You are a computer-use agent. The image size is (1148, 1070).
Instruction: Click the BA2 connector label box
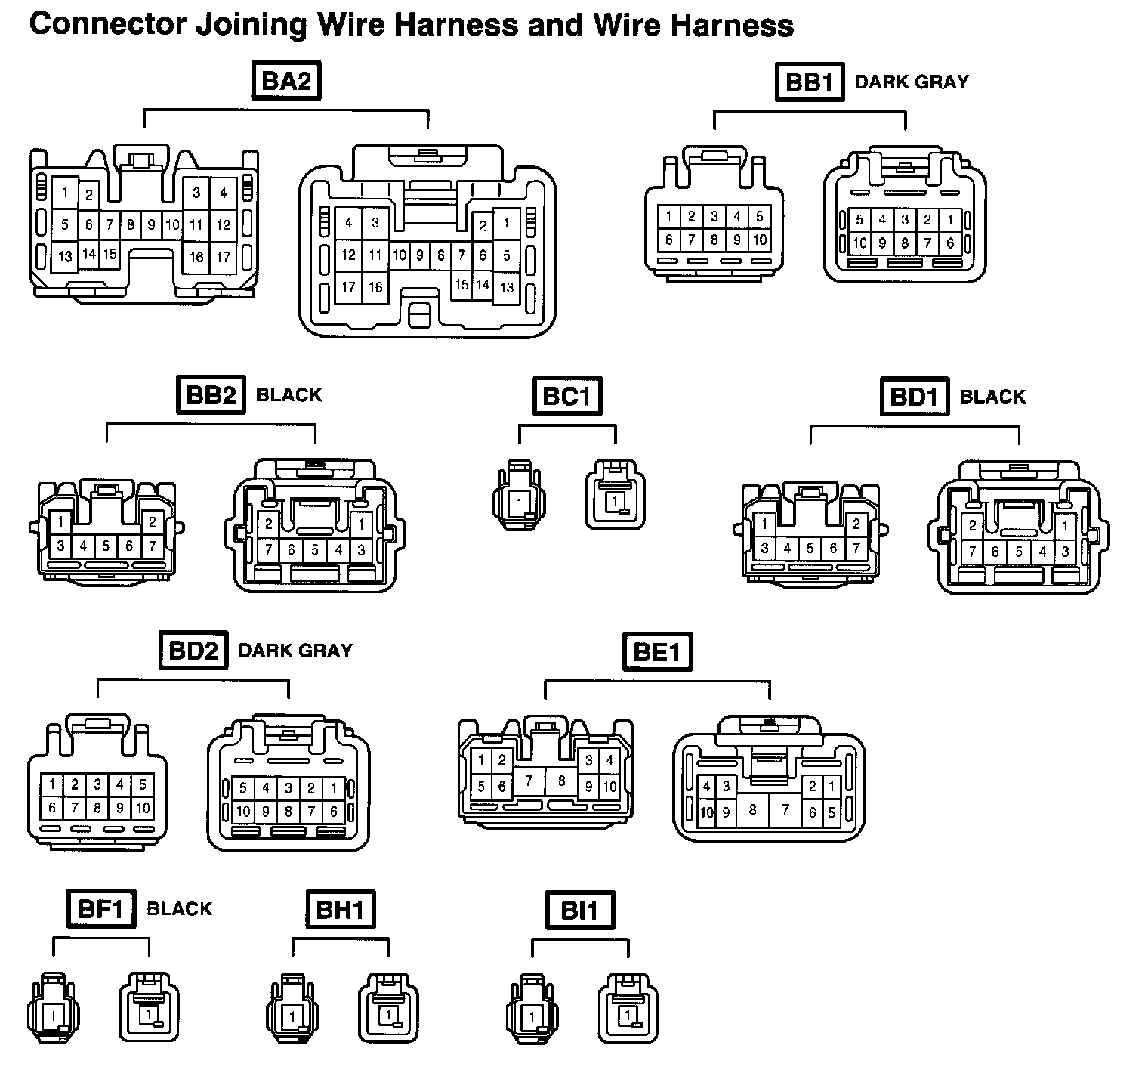pos(285,82)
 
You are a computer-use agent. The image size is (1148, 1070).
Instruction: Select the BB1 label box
pos(809,82)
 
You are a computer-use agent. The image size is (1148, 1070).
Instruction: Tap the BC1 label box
pos(567,396)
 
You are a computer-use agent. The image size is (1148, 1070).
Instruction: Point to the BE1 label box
pos(657,652)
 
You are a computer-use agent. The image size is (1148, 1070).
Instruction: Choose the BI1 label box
pos(579,910)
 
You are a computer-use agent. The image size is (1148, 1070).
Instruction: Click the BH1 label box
pos(341,909)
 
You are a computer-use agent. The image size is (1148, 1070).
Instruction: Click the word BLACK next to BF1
pos(179,909)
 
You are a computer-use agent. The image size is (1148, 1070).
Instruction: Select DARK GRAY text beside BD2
pos(295,651)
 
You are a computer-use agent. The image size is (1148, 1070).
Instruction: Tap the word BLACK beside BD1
pos(992,397)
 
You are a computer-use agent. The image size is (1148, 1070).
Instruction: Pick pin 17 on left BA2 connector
pos(223,257)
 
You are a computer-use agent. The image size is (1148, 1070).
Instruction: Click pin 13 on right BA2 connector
pos(507,287)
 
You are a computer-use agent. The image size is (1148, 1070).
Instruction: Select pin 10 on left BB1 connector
pos(760,240)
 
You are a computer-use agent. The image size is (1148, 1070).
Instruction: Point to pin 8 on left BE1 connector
pos(561,781)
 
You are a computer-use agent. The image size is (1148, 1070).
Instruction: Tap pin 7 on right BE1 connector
pos(785,810)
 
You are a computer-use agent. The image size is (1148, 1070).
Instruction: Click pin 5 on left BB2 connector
pos(106,546)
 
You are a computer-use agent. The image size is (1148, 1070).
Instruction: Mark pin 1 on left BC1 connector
pos(520,503)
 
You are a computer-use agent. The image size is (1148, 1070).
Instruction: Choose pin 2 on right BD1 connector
pos(973,527)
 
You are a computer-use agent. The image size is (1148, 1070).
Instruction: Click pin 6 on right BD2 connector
pos(334,812)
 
